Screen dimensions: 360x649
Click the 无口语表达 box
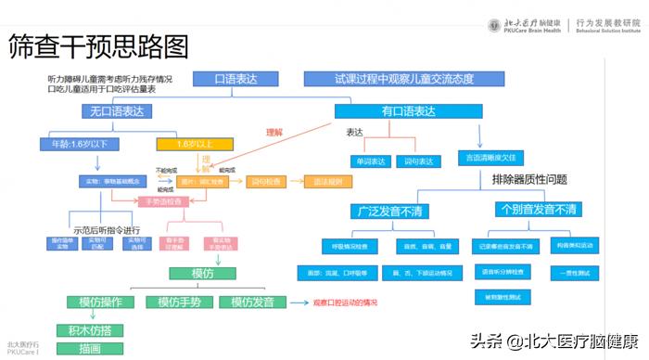[116, 112]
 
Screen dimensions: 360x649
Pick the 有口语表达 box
[409, 112]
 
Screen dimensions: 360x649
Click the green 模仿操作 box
[100, 302]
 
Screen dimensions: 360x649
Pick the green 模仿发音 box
[253, 302]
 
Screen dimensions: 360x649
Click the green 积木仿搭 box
[90, 330]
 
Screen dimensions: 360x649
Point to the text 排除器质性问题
[529, 179]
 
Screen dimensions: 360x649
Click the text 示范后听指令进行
[110, 230]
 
